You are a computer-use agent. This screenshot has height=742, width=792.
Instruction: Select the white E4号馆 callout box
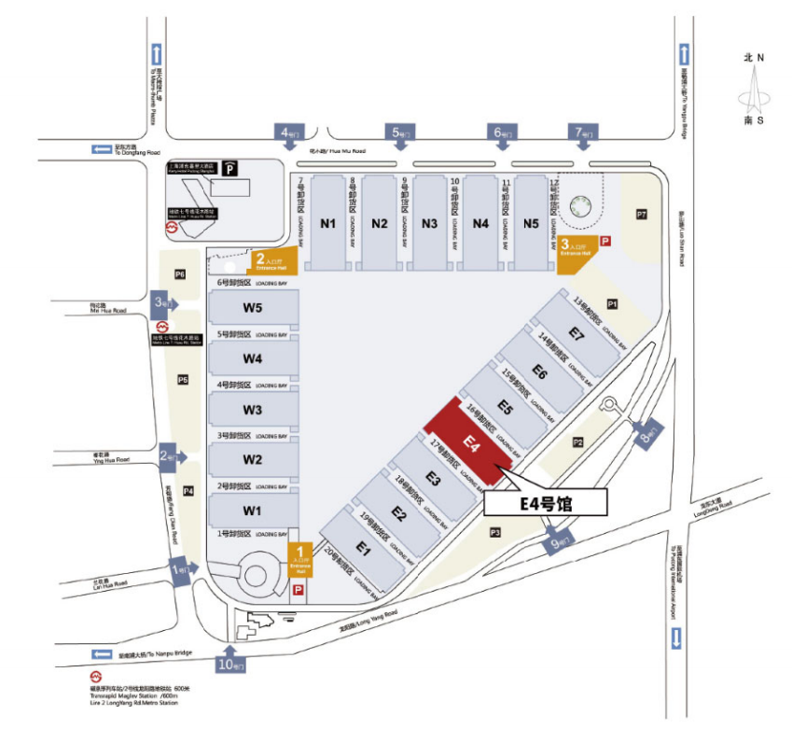[x=546, y=504]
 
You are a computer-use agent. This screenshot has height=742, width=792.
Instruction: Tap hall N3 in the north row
[x=430, y=223]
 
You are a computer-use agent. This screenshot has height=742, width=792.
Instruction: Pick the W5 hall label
[x=253, y=308]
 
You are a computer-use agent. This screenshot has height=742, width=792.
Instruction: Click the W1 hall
[x=253, y=511]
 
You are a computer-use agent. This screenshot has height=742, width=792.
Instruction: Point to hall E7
[x=577, y=334]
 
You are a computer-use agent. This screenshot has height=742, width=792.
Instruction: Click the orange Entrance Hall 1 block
[x=300, y=560]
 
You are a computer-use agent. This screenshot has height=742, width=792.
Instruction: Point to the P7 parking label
[x=641, y=215]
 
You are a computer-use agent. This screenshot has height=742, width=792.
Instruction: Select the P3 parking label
[x=495, y=532]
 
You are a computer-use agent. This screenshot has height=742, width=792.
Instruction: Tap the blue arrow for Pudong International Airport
[x=675, y=638]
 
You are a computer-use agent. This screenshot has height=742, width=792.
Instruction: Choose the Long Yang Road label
[x=368, y=619]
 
